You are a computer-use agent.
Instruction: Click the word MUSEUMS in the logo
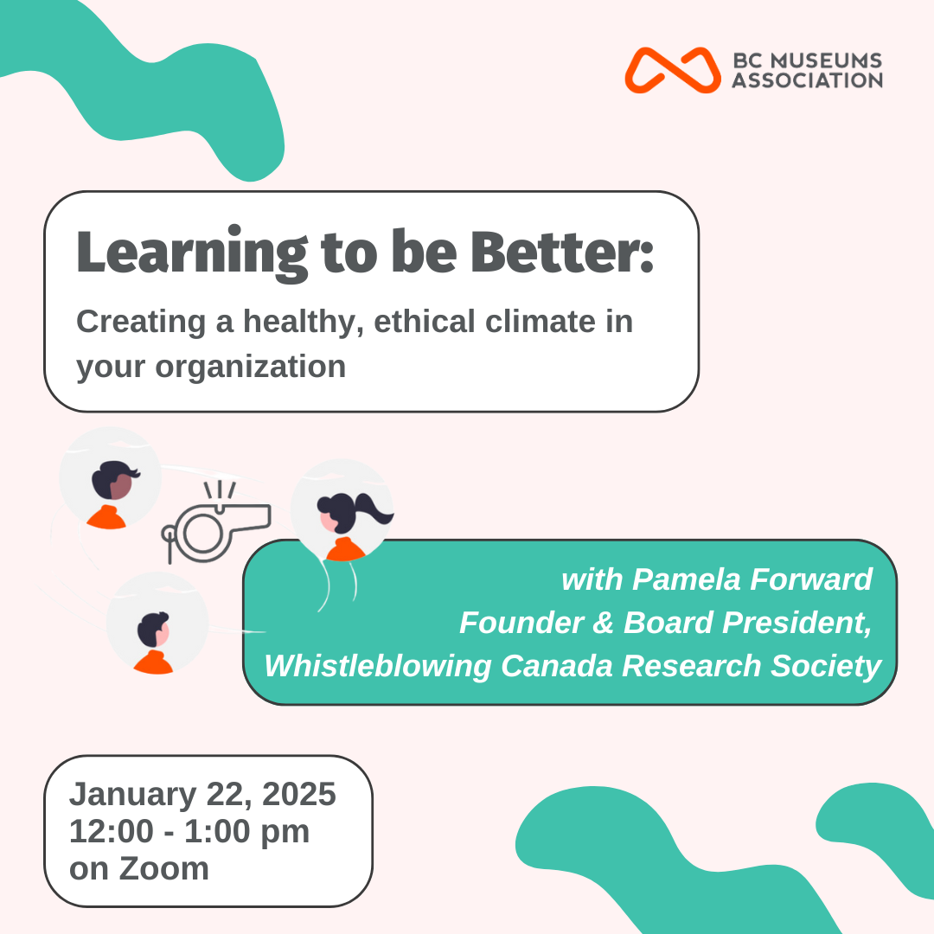[x=827, y=61]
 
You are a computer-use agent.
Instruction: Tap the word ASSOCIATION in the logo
[x=807, y=80]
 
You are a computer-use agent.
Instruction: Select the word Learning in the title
[x=192, y=253]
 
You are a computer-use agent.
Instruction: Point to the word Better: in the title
[x=562, y=252]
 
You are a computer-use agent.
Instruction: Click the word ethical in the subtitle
[x=425, y=321]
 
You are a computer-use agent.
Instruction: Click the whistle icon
[x=215, y=522]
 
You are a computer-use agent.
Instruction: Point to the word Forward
[x=811, y=579]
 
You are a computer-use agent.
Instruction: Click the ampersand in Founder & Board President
[x=603, y=623]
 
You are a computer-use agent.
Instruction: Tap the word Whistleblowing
[x=378, y=667]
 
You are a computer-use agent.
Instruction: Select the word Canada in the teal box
[x=557, y=666]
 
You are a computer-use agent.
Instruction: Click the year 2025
[x=299, y=794]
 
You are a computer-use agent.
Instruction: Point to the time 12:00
[x=112, y=832]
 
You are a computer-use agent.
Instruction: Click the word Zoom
[x=163, y=869]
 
